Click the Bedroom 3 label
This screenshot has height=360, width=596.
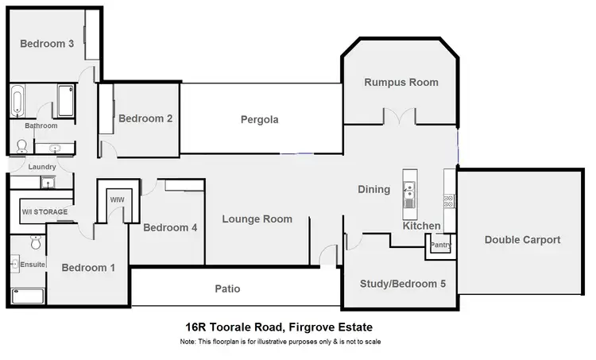47,45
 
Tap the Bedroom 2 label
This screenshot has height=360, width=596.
145,118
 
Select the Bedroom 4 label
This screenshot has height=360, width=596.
170,227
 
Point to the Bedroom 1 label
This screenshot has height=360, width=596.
88,267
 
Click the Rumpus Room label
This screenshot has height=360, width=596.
401,83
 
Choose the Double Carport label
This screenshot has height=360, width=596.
522,239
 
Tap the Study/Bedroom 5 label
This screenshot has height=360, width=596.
398,284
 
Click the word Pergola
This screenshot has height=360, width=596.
260,120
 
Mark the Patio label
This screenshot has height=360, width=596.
226,288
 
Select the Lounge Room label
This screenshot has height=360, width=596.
257,219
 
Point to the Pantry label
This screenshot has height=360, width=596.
440,246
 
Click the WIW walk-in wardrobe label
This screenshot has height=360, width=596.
117,199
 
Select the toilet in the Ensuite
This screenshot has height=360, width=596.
35,242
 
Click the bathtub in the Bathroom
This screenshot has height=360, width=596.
17,103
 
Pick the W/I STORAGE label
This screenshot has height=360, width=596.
45,212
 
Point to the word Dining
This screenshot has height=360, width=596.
373,189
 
